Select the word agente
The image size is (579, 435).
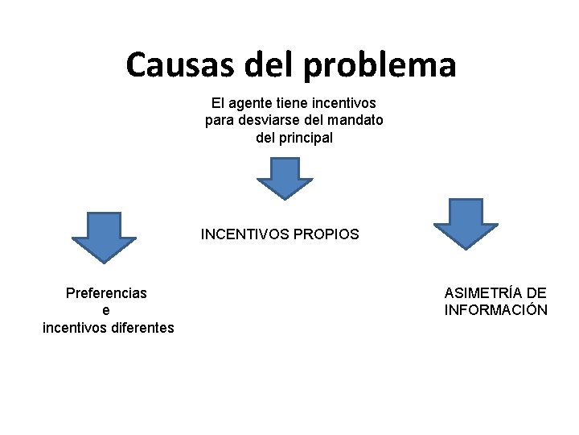click(x=252, y=103)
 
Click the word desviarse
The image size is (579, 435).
click(x=270, y=121)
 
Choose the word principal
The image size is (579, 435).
click(x=306, y=138)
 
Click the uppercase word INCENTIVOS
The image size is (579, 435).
click(x=246, y=234)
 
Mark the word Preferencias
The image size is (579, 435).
click(x=106, y=293)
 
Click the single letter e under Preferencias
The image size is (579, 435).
click(x=107, y=310)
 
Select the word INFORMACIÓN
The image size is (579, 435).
click(x=495, y=310)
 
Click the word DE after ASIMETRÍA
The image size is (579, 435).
click(x=536, y=293)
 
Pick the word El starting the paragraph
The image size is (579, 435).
click(x=218, y=103)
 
